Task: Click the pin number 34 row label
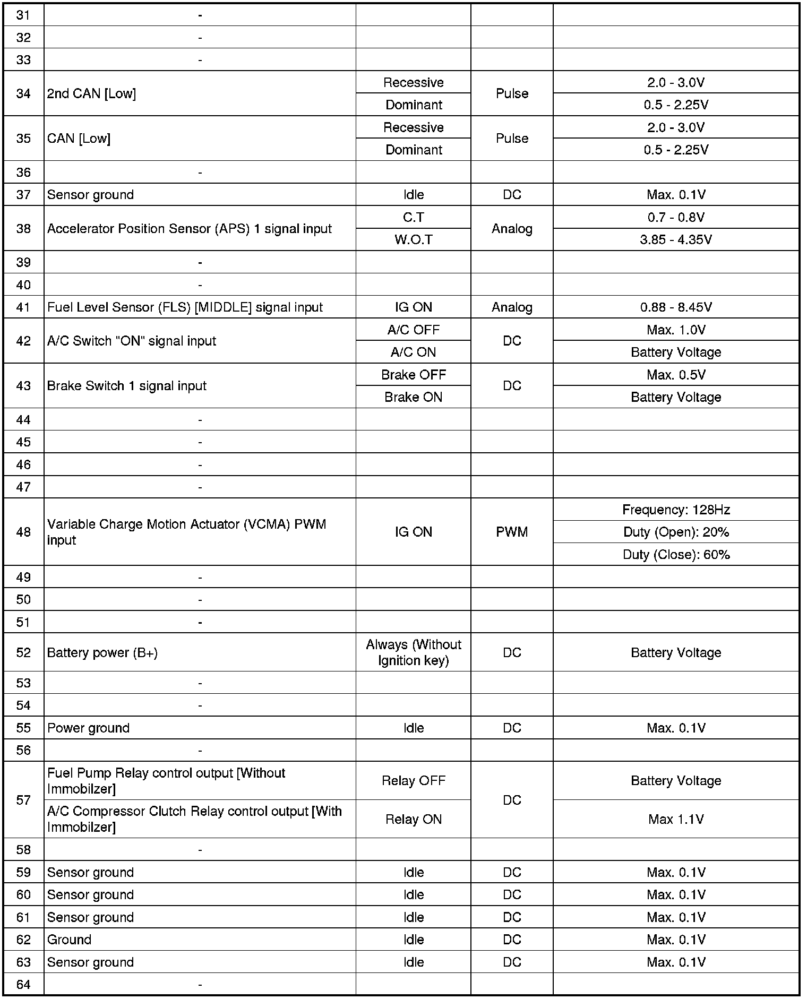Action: [23, 93]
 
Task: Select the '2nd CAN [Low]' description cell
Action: [91, 93]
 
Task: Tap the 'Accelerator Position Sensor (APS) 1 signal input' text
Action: [189, 228]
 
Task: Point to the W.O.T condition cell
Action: [413, 239]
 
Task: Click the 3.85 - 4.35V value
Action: [675, 239]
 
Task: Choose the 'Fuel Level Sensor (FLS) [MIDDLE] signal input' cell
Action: [185, 307]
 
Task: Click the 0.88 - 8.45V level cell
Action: [675, 307]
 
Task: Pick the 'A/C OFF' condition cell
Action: [413, 330]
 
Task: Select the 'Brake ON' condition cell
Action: [413, 397]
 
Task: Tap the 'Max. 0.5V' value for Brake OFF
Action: [675, 375]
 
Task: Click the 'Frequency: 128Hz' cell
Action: [675, 510]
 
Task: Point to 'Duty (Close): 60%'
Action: [675, 554]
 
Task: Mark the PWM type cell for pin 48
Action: [512, 532]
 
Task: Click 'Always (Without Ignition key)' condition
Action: [413, 652]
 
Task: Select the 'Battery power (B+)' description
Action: [102, 652]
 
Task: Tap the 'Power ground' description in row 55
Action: [88, 728]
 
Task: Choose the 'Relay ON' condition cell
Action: [413, 819]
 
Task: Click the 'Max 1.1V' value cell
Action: [675, 819]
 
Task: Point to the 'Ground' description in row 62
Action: [69, 940]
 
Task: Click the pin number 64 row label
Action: [23, 985]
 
